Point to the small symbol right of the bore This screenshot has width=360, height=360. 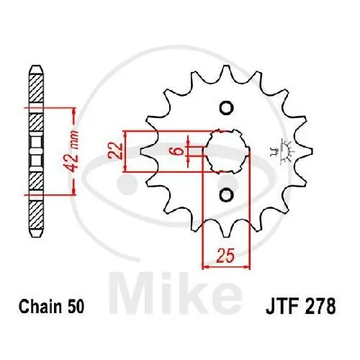point(274,150)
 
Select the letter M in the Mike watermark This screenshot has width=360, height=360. point(144,284)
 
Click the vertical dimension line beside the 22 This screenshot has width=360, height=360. point(126,151)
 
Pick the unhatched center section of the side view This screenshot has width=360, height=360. point(35,150)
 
